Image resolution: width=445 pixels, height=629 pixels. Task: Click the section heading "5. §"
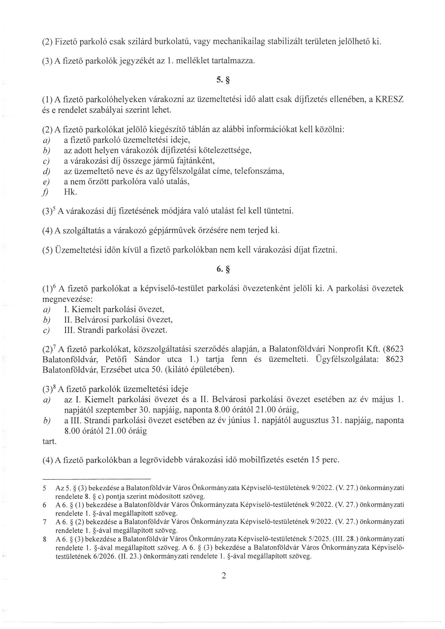tap(222, 80)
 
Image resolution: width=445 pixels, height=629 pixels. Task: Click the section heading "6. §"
tap(222, 270)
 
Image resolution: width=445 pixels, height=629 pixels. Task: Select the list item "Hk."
tap(71, 192)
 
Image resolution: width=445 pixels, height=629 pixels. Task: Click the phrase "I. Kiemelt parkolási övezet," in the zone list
tap(114, 310)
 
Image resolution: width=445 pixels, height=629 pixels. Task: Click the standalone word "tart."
tap(49, 441)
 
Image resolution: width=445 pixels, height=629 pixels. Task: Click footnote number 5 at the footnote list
tap(44, 488)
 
